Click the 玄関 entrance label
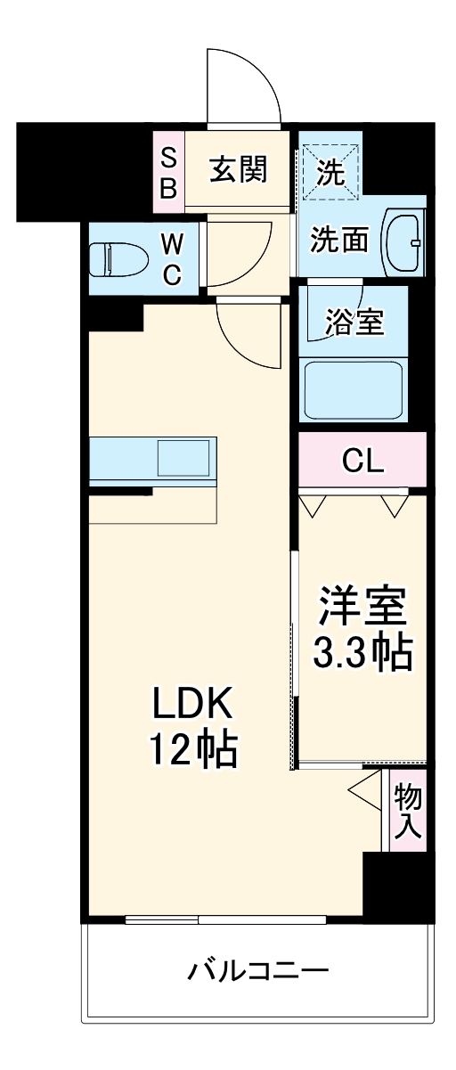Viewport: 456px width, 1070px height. pos(239,168)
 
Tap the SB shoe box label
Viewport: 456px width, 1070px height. pos(168,172)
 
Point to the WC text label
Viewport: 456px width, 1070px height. pos(172,258)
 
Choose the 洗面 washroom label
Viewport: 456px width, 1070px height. pos(339,240)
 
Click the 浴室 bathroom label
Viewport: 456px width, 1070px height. pos(354,322)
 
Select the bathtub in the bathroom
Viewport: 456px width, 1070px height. pos(354,388)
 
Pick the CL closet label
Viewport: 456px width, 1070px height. pos(362,461)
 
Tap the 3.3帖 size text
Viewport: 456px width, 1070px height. pos(362,654)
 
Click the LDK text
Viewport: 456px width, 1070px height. pos(193,706)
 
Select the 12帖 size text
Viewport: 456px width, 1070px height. pos(193,753)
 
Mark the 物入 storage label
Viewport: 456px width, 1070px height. pos(408,810)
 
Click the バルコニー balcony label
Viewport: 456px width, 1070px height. pos(258,969)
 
